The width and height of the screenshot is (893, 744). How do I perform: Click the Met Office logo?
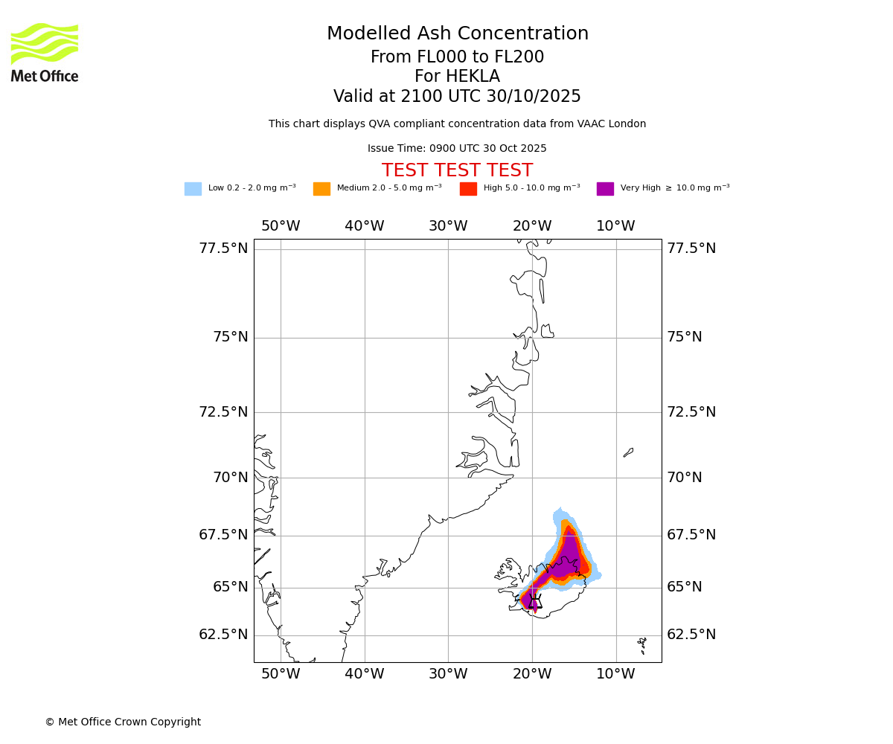click(45, 52)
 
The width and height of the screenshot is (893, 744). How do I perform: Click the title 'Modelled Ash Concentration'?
click(457, 34)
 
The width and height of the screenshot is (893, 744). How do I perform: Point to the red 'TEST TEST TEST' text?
click(457, 170)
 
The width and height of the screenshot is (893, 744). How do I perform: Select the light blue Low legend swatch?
click(193, 188)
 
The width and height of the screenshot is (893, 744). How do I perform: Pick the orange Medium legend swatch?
click(321, 188)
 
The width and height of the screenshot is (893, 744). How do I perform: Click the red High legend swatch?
click(468, 188)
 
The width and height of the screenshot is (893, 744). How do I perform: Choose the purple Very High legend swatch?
click(605, 188)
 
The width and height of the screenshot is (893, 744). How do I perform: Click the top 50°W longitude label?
click(281, 226)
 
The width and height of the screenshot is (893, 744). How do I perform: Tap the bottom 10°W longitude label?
click(615, 674)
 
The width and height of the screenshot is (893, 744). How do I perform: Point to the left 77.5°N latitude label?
click(223, 248)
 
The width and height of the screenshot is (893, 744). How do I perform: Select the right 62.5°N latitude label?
click(691, 635)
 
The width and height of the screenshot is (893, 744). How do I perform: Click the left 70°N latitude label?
click(231, 478)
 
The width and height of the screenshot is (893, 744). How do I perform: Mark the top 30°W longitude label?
click(448, 226)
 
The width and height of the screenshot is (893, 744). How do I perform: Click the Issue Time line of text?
click(457, 149)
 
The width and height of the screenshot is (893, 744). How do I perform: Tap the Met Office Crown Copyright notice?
click(123, 722)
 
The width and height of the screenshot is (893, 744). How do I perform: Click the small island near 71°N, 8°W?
click(628, 452)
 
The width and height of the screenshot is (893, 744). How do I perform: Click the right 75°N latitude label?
click(685, 337)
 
